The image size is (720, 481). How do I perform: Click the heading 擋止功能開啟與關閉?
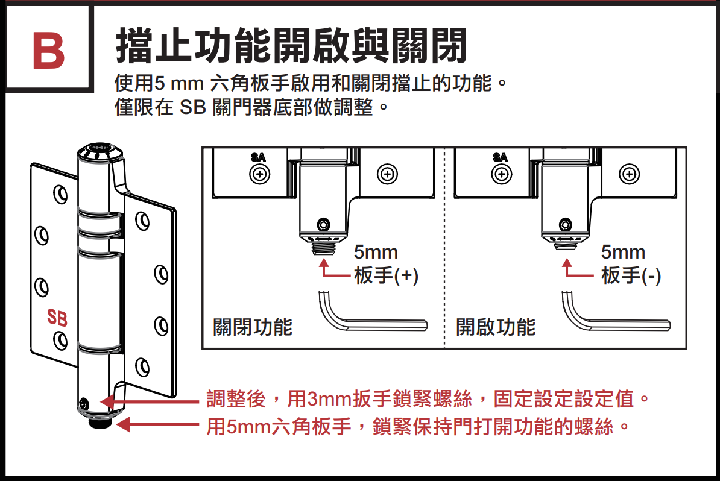tap(291, 46)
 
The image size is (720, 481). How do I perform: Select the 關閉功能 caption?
tap(253, 327)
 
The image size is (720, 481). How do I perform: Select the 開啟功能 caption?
tap(496, 327)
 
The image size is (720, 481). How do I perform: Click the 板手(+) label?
tap(386, 275)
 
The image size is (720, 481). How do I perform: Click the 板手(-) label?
tap(631, 275)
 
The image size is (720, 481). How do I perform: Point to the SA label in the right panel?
tap(499, 157)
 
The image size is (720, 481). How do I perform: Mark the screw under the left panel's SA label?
tap(259, 174)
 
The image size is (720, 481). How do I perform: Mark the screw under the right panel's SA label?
tap(500, 174)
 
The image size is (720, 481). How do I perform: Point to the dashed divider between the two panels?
tap(444, 247)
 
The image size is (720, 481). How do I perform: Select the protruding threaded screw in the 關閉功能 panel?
tap(324, 247)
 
